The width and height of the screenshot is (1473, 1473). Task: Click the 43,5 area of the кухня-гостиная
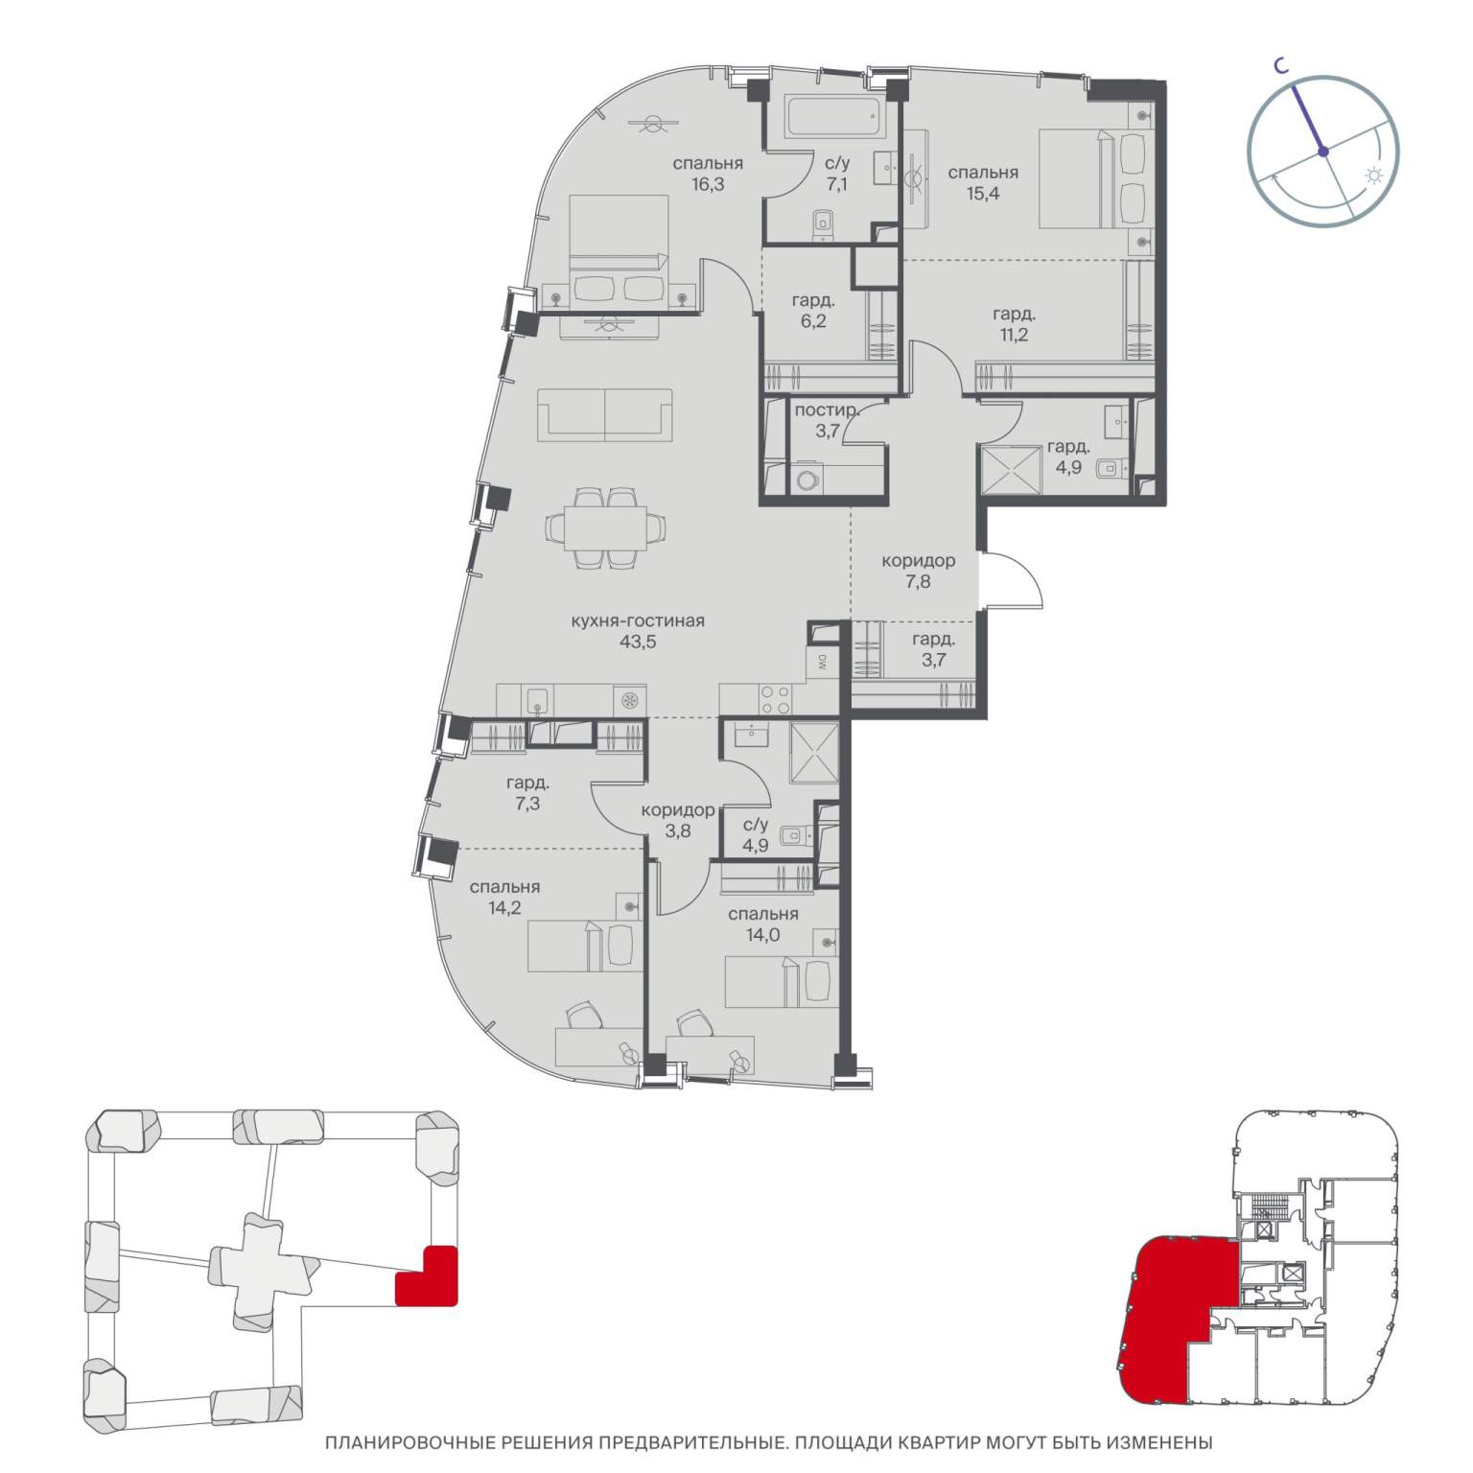tap(638, 642)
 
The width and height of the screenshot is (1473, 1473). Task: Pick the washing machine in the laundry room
tap(808, 479)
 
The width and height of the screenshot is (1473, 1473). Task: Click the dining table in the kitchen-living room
tap(605, 528)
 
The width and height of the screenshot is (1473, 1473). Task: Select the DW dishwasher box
tap(822, 661)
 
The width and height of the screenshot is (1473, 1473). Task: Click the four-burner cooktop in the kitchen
tap(773, 699)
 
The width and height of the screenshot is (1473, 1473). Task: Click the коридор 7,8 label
tap(919, 571)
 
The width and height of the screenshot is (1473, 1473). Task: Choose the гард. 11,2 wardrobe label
tap(1015, 323)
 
